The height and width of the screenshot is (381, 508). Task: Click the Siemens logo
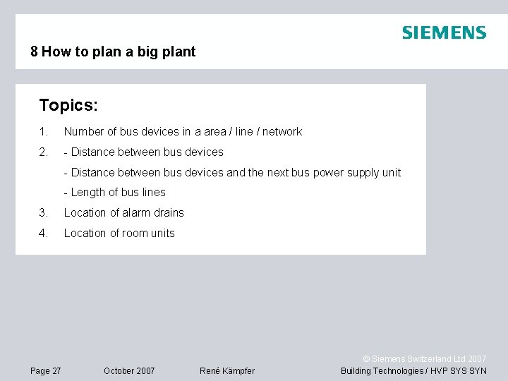(444, 32)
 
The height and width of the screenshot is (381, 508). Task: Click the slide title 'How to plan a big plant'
(119, 52)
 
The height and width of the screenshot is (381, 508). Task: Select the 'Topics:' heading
(68, 106)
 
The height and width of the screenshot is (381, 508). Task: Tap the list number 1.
(43, 132)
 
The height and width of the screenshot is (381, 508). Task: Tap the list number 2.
(43, 152)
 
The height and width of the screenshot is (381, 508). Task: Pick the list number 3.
(43, 213)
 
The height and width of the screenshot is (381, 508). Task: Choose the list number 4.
(43, 234)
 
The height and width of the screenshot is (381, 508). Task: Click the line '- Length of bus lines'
(114, 193)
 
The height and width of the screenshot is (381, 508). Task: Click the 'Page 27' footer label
(46, 371)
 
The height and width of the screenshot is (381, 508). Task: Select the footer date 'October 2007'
(129, 371)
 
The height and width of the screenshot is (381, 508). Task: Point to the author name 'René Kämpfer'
(227, 371)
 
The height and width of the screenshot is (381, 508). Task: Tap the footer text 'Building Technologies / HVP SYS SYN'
(413, 371)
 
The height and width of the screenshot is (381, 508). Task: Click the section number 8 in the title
(34, 52)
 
